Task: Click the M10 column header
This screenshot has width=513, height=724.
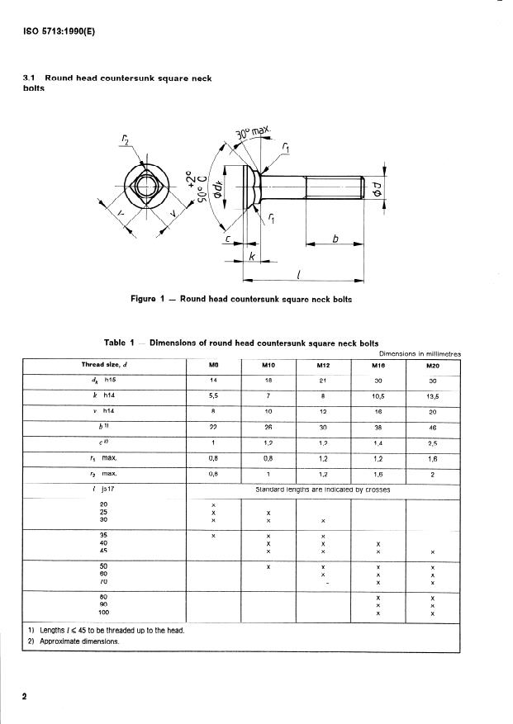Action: [x=268, y=366]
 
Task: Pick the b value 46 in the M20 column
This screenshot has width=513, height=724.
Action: [x=432, y=428]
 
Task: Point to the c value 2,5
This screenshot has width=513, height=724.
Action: [x=432, y=444]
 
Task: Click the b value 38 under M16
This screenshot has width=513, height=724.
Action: [x=378, y=428]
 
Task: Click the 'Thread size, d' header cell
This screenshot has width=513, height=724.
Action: [x=104, y=366]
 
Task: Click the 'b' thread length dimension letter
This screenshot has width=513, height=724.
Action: [x=335, y=238]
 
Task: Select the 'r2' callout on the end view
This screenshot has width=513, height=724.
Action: [x=124, y=138]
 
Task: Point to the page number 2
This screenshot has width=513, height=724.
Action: [x=25, y=696]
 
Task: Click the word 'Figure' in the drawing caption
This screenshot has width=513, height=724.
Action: [x=146, y=299]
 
